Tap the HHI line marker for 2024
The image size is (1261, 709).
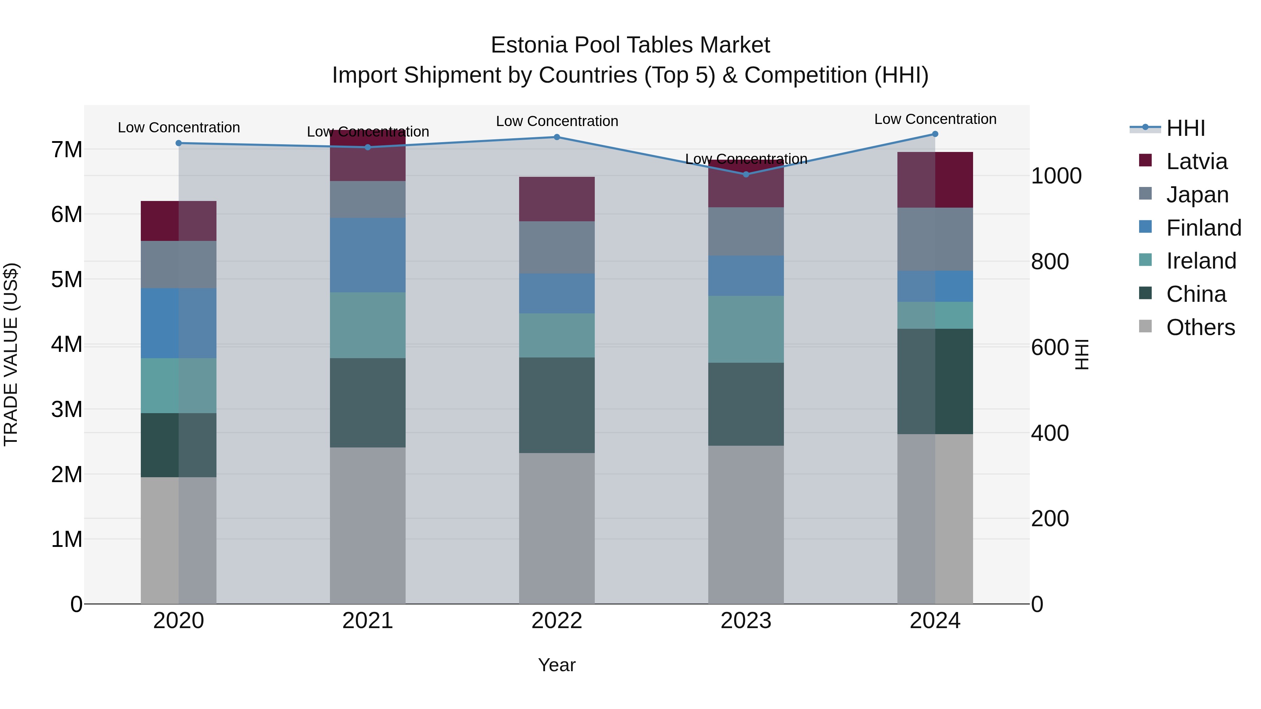pyautogui.click(x=935, y=134)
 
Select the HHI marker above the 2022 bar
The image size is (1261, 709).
pyautogui.click(x=557, y=137)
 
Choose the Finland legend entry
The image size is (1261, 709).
pyautogui.click(x=1203, y=228)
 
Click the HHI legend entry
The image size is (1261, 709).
pyautogui.click(x=1185, y=128)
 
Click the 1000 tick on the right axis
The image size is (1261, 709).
pyautogui.click(x=1056, y=176)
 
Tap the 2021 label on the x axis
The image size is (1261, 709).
pyautogui.click(x=368, y=621)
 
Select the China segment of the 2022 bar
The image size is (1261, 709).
pyautogui.click(x=557, y=405)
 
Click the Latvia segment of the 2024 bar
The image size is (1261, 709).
pyautogui.click(x=935, y=180)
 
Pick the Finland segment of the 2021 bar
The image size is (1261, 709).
pyautogui.click(x=368, y=255)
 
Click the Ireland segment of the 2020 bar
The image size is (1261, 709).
pyautogui.click(x=179, y=385)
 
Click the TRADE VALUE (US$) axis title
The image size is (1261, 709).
pyautogui.click(x=11, y=354)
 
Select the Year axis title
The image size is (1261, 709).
pyautogui.click(x=557, y=665)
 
